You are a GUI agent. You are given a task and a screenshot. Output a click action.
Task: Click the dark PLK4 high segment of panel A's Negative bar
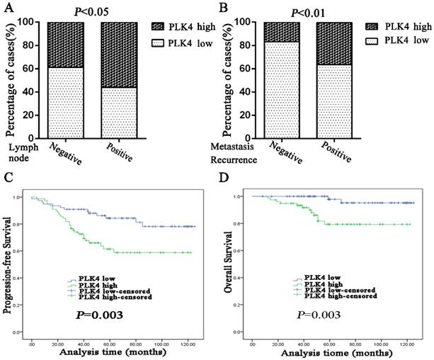click(x=64, y=45)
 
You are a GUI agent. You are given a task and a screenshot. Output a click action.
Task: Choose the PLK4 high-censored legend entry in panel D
click(x=326, y=296)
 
